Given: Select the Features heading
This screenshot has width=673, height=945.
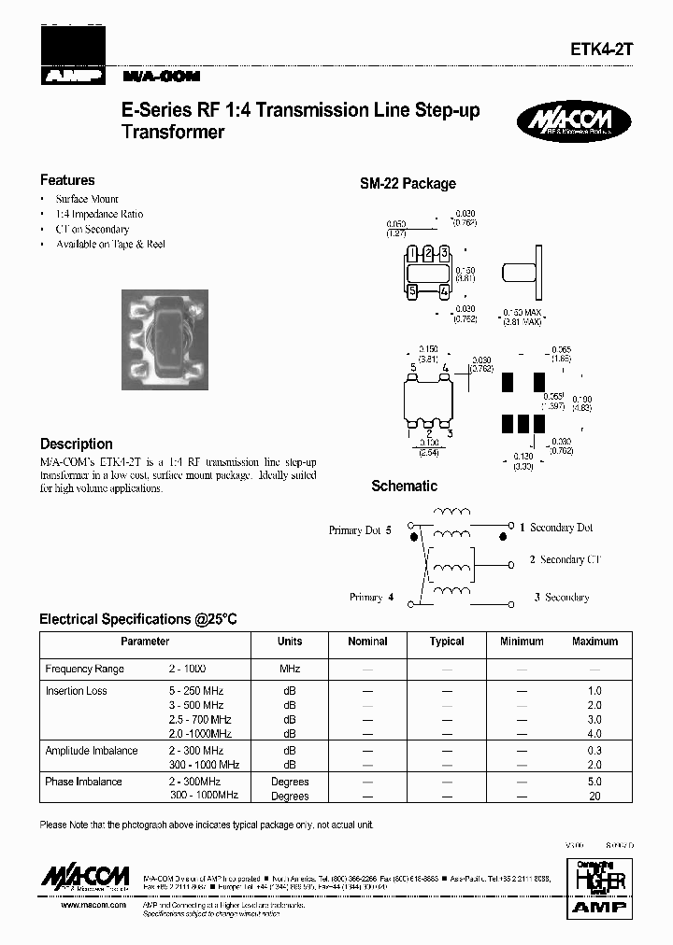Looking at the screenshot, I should pos(67,180).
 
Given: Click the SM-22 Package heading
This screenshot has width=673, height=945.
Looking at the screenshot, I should pos(408,184).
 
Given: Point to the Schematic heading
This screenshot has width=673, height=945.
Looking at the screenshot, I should pos(404,486).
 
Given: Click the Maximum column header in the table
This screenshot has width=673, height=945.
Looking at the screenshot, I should pos(594,642).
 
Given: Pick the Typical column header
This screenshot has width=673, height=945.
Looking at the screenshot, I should pos(447,642).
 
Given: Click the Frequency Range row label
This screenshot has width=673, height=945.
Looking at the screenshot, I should pos(84,670).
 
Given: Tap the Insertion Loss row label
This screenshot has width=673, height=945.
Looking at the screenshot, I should pos(76,691).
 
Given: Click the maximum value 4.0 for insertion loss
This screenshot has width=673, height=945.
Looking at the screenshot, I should pos(594,735).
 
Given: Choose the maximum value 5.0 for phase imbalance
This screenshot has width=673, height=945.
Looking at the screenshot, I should pos(594,782).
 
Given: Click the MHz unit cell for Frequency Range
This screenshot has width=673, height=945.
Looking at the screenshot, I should pos(290,670).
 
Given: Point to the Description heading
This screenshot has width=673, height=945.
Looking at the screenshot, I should pos(77,444).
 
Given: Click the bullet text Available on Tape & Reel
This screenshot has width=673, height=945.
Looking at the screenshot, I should pos(110,244).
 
